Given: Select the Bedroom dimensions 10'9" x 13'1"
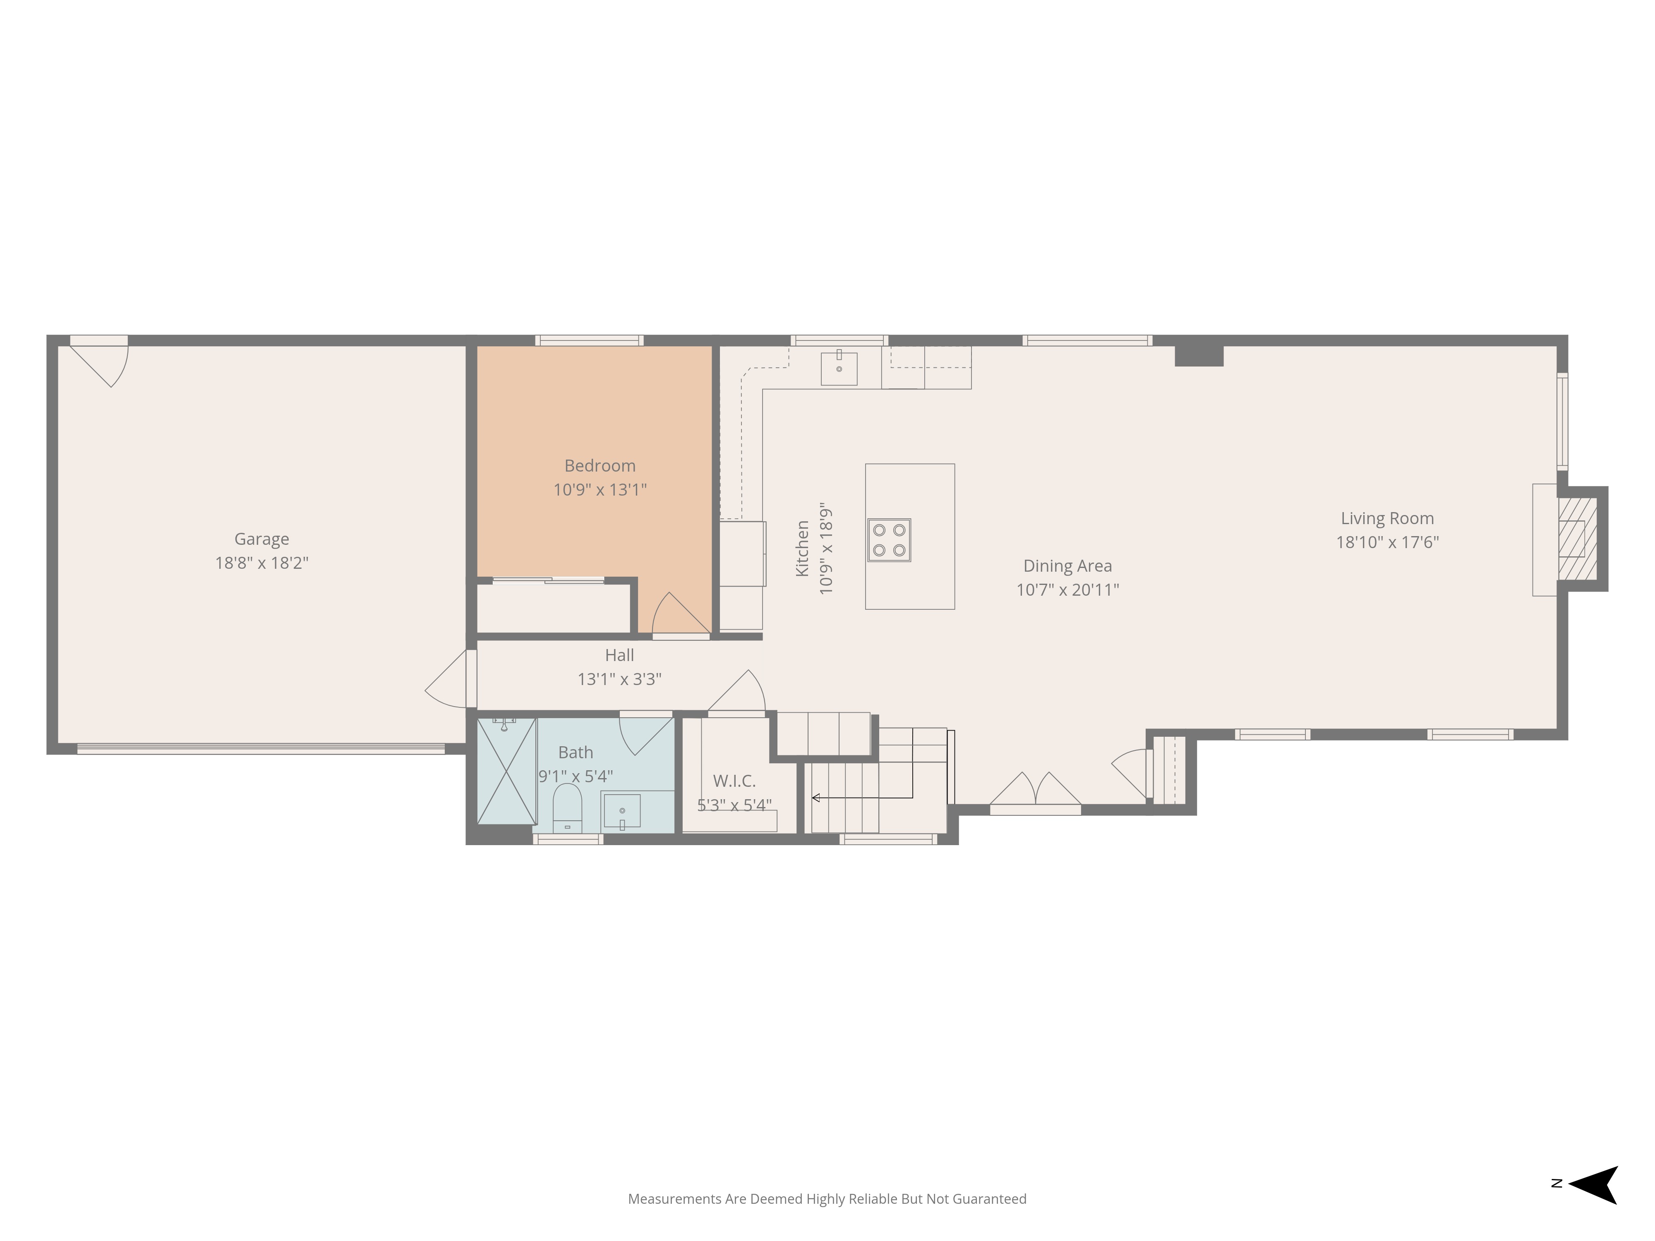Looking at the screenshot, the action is click(x=600, y=490).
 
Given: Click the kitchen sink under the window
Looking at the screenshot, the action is click(x=839, y=367).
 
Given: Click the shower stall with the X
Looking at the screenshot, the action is click(x=506, y=771).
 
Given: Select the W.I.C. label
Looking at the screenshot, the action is click(x=734, y=781).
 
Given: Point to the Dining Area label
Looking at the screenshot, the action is click(x=1067, y=566).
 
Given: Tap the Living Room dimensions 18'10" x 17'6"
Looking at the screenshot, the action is click(x=1388, y=542).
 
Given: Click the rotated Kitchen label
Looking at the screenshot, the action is click(x=802, y=548).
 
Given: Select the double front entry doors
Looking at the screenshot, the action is click(x=1036, y=793).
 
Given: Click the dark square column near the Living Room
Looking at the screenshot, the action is click(x=1199, y=355).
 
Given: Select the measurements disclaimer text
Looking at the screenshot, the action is click(x=827, y=1199).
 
